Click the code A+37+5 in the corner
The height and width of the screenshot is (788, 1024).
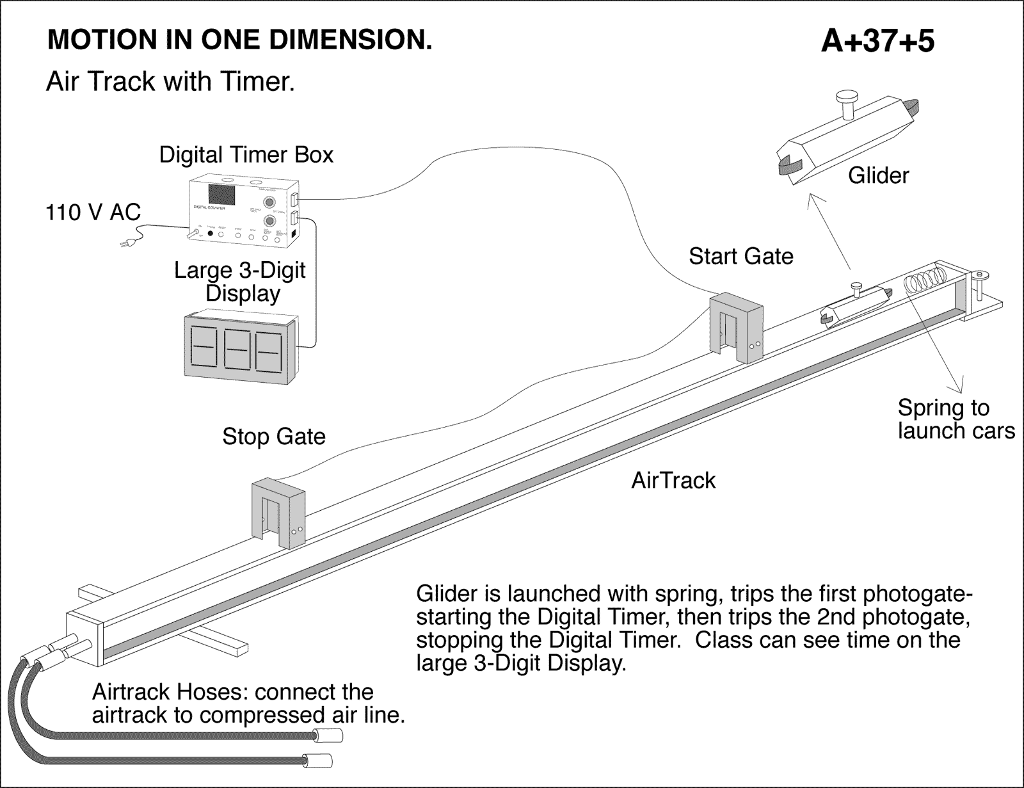click(x=877, y=41)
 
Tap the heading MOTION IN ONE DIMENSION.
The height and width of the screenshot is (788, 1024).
click(x=239, y=40)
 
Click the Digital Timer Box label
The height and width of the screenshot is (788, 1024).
click(x=246, y=155)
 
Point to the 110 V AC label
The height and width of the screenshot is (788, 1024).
click(x=93, y=212)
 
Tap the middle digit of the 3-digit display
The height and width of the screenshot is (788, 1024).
click(x=236, y=350)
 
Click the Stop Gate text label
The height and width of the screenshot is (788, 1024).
click(x=274, y=437)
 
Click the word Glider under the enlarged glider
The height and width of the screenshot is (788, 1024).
click(x=878, y=175)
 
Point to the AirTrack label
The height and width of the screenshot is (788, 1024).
click(x=673, y=480)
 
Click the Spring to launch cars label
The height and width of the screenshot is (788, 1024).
click(x=956, y=419)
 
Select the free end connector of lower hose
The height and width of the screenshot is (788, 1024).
click(x=317, y=761)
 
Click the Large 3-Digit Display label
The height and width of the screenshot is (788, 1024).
click(x=240, y=282)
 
